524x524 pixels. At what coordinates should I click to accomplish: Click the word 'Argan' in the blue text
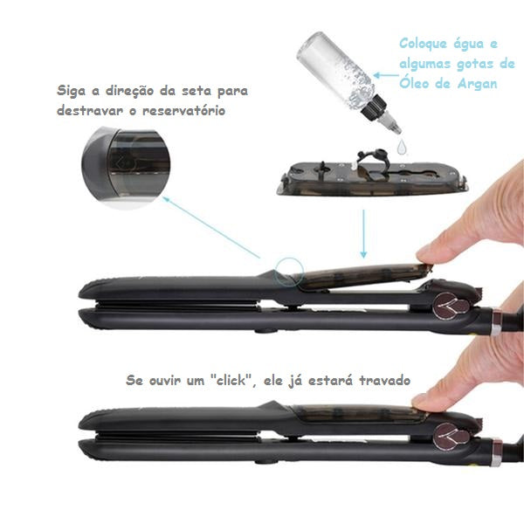477,84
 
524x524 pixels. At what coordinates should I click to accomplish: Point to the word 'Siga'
71,91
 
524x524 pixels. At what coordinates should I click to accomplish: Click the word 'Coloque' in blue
423,44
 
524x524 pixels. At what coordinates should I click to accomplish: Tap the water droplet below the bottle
402,147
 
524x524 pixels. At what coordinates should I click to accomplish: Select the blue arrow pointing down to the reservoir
363,234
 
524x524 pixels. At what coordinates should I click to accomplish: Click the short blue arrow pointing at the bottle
386,75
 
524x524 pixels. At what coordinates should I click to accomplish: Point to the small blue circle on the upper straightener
289,272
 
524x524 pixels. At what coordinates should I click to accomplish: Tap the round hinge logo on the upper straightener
445,305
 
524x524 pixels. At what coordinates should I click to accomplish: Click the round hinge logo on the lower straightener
445,436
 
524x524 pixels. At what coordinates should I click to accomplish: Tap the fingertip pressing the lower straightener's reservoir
422,401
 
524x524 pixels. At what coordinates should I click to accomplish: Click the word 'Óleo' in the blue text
415,83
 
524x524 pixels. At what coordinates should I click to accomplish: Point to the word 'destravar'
90,111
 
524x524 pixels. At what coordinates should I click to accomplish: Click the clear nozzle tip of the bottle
393,124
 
